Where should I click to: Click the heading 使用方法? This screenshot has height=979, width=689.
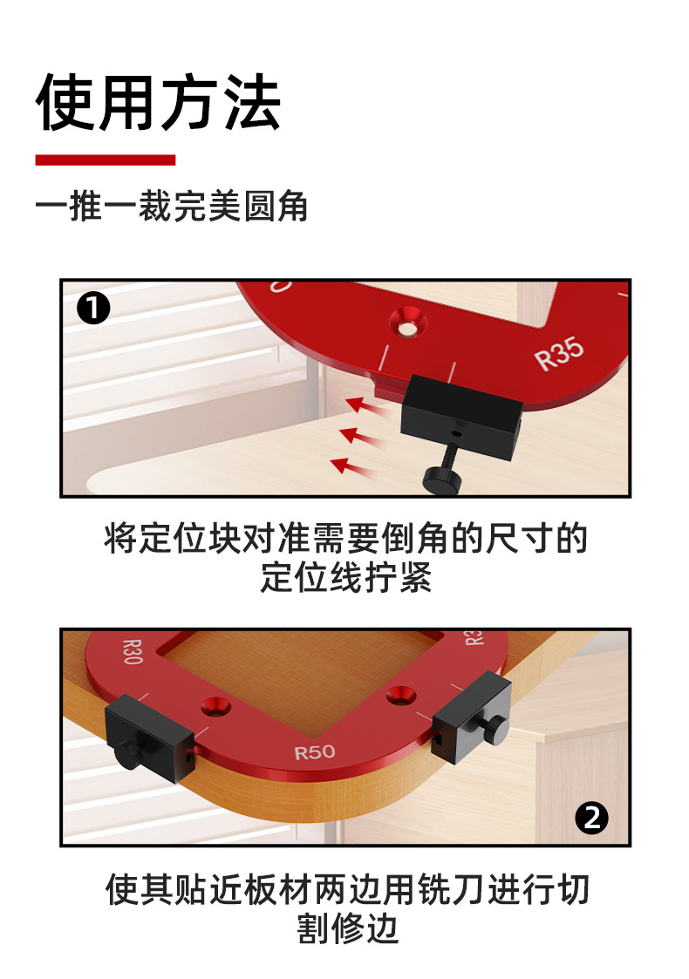158,103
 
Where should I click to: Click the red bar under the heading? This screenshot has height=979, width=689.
105,160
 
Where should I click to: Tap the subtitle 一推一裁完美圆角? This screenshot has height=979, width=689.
172,208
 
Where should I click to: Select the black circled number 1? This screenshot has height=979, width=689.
93,309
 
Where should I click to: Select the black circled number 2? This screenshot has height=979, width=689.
592,818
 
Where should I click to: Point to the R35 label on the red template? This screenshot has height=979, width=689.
559,353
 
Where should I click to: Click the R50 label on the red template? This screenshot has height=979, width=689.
314,751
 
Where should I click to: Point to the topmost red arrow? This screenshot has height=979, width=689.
365,405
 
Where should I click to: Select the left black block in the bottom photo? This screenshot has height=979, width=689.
148,732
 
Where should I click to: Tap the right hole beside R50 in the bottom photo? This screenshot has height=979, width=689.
400,694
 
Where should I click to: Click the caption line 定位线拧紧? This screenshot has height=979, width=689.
345,580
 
